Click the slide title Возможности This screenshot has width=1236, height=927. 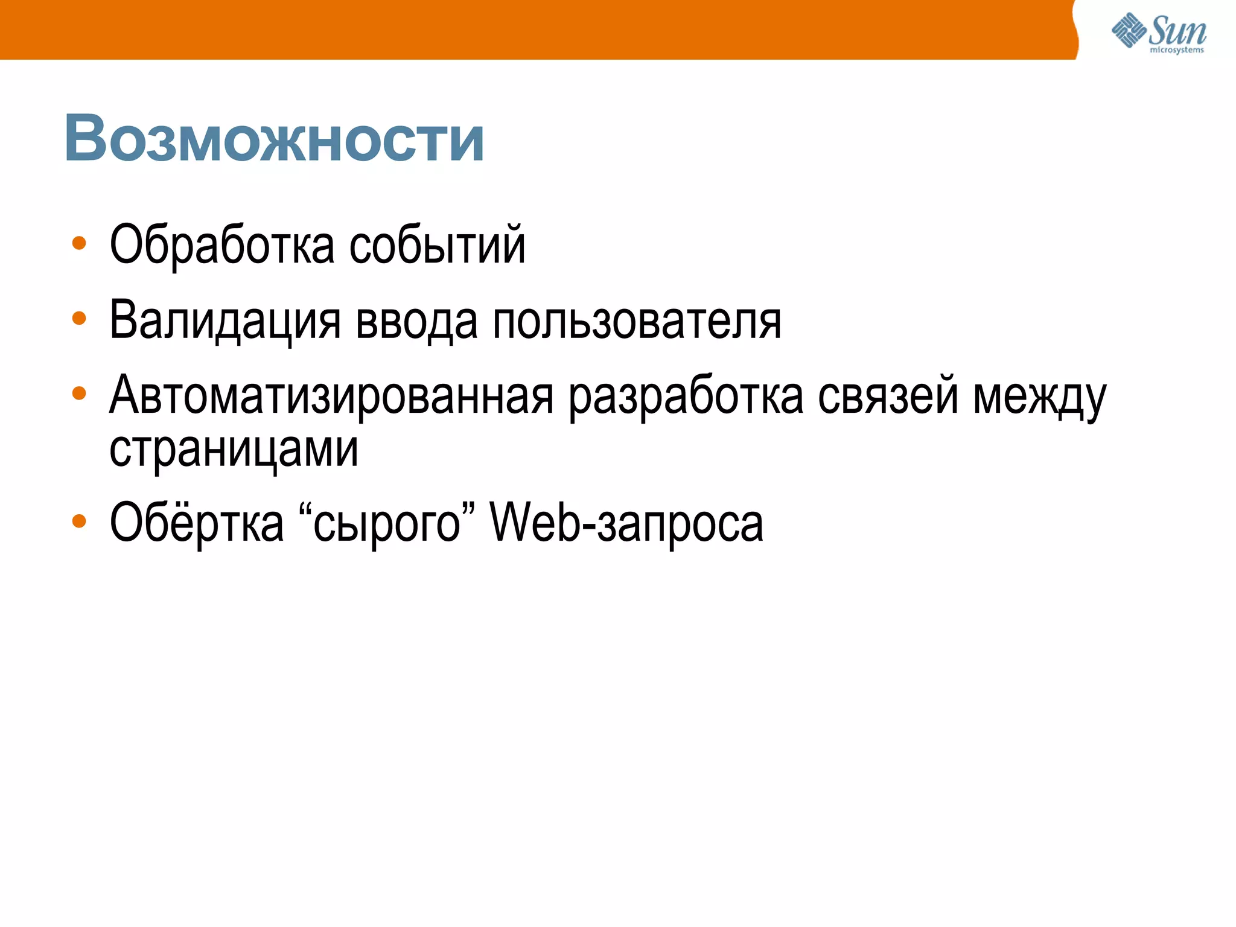(274, 139)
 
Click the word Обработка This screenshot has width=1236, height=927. (221, 245)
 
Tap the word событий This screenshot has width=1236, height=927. (438, 245)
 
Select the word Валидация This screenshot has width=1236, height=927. (225, 320)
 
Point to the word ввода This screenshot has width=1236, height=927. (416, 320)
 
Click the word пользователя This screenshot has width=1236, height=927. (637, 320)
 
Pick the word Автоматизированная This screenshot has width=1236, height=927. (331, 396)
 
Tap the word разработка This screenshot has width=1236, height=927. (686, 396)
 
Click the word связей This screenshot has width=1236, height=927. (888, 396)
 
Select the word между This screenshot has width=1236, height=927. (1040, 396)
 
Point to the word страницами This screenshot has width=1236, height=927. (234, 449)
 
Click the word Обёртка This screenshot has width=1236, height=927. (197, 523)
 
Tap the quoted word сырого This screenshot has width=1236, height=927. (387, 523)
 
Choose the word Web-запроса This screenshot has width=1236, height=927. (626, 523)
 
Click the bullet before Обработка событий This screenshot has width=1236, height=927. (79, 243)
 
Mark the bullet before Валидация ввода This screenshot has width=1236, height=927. (79, 318)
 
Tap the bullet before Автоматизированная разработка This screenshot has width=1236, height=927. (79, 393)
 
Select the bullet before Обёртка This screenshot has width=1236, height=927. (79, 520)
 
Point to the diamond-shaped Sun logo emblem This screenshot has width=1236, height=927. (1129, 30)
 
